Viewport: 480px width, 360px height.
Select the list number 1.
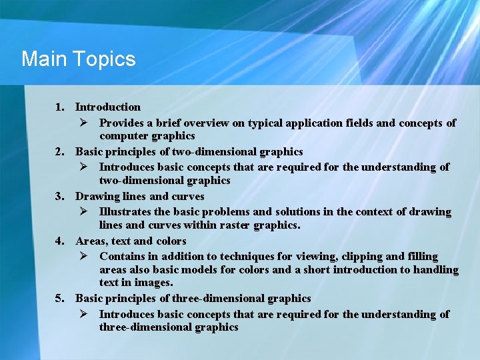tap(59, 107)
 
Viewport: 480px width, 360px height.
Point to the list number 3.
tap(59, 197)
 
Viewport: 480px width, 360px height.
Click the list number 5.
tap(59, 298)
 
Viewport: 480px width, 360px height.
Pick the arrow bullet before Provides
tap(84, 123)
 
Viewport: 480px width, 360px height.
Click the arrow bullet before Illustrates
tap(84, 212)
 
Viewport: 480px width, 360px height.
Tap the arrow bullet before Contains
tap(84, 257)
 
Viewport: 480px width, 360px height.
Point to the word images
tap(147, 283)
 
